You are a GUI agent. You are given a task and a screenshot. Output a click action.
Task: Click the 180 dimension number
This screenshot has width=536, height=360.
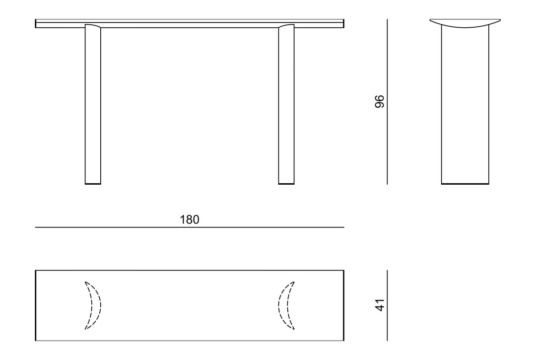point(190,219)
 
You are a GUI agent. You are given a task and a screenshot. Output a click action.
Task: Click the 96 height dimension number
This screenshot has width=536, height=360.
point(380,101)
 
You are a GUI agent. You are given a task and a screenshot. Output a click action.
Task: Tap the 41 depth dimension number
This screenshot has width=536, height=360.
point(380,305)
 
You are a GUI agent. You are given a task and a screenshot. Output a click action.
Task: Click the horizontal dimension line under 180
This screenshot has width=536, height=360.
point(190,227)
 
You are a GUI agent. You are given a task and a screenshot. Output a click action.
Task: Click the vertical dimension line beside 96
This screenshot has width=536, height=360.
point(387,101)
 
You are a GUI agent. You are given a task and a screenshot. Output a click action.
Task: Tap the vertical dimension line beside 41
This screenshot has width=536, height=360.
point(387,305)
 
